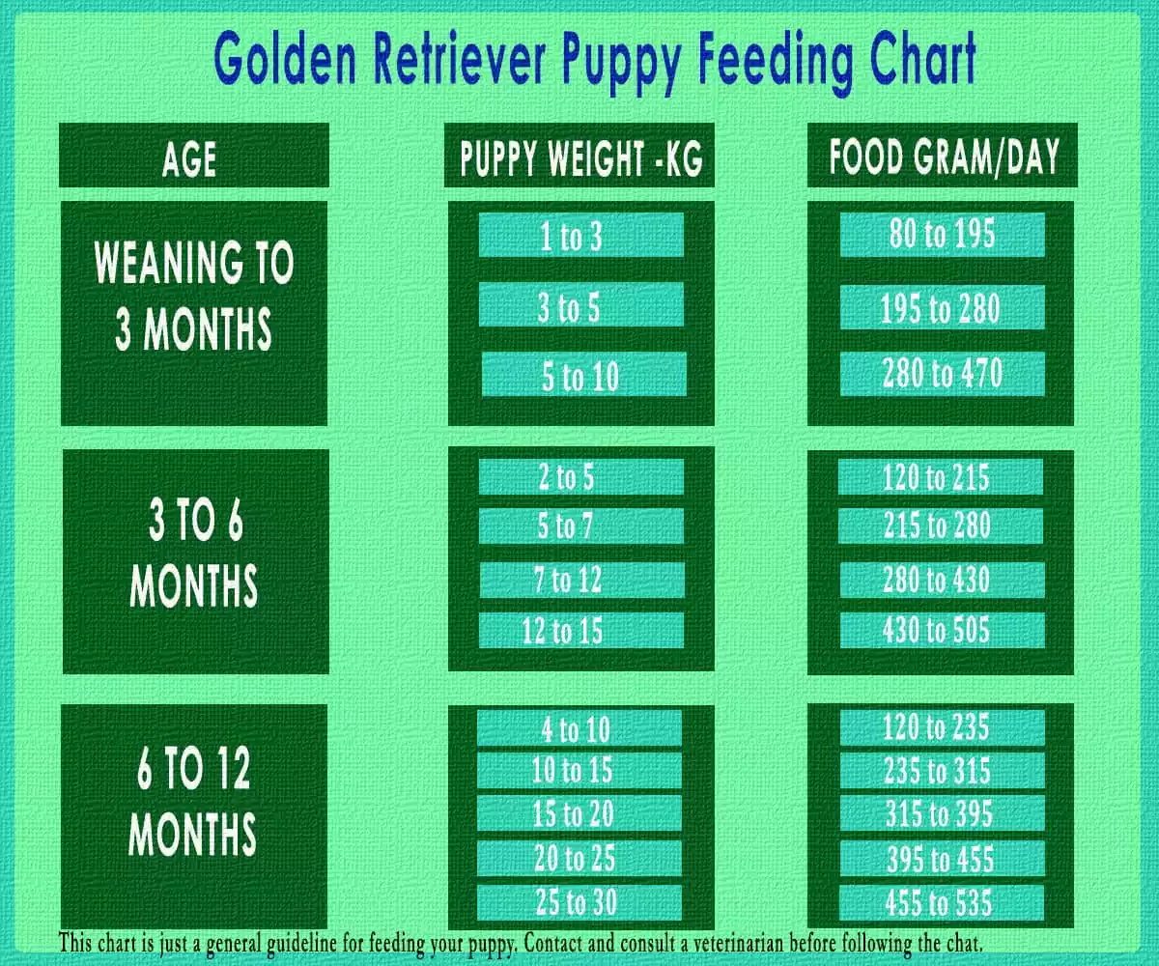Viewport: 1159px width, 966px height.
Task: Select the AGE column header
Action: [189, 159]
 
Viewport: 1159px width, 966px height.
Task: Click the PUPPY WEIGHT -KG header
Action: [581, 158]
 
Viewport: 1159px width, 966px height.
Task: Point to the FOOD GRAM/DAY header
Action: [945, 157]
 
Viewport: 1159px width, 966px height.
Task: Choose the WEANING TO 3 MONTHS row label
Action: [194, 295]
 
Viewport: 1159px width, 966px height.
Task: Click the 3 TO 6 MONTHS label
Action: [195, 552]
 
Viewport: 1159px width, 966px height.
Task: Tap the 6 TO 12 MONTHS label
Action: [192, 800]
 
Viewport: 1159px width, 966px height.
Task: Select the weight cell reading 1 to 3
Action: [581, 235]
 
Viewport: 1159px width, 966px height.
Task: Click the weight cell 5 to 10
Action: [584, 375]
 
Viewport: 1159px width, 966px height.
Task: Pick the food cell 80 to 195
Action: [942, 235]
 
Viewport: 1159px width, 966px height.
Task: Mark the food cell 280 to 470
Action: [943, 374]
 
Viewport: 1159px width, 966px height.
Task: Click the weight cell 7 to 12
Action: [581, 580]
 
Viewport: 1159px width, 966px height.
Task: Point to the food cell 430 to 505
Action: [943, 630]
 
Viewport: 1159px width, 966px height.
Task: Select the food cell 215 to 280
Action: [941, 526]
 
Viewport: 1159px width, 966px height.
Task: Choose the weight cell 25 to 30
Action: [579, 902]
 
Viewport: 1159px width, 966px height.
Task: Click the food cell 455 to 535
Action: [942, 902]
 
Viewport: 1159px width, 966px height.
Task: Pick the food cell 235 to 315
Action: [943, 771]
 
